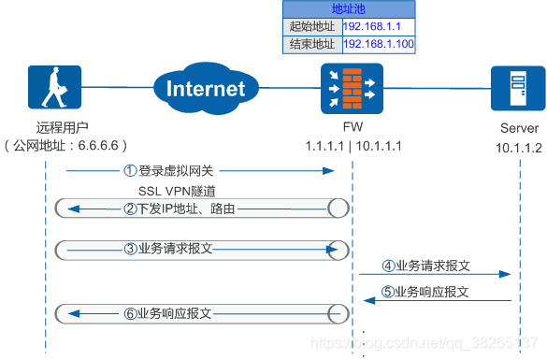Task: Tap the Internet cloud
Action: pyautogui.click(x=205, y=88)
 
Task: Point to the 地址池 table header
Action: pyautogui.click(x=349, y=8)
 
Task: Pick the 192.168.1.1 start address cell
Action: pyautogui.click(x=378, y=26)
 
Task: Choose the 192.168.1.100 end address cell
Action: pyautogui.click(x=378, y=44)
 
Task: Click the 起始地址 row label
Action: pyautogui.click(x=311, y=26)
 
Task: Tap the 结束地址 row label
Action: pyautogui.click(x=311, y=44)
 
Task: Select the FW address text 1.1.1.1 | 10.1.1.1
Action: pyautogui.click(x=353, y=146)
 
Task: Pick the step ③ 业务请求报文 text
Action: pyautogui.click(x=175, y=250)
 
